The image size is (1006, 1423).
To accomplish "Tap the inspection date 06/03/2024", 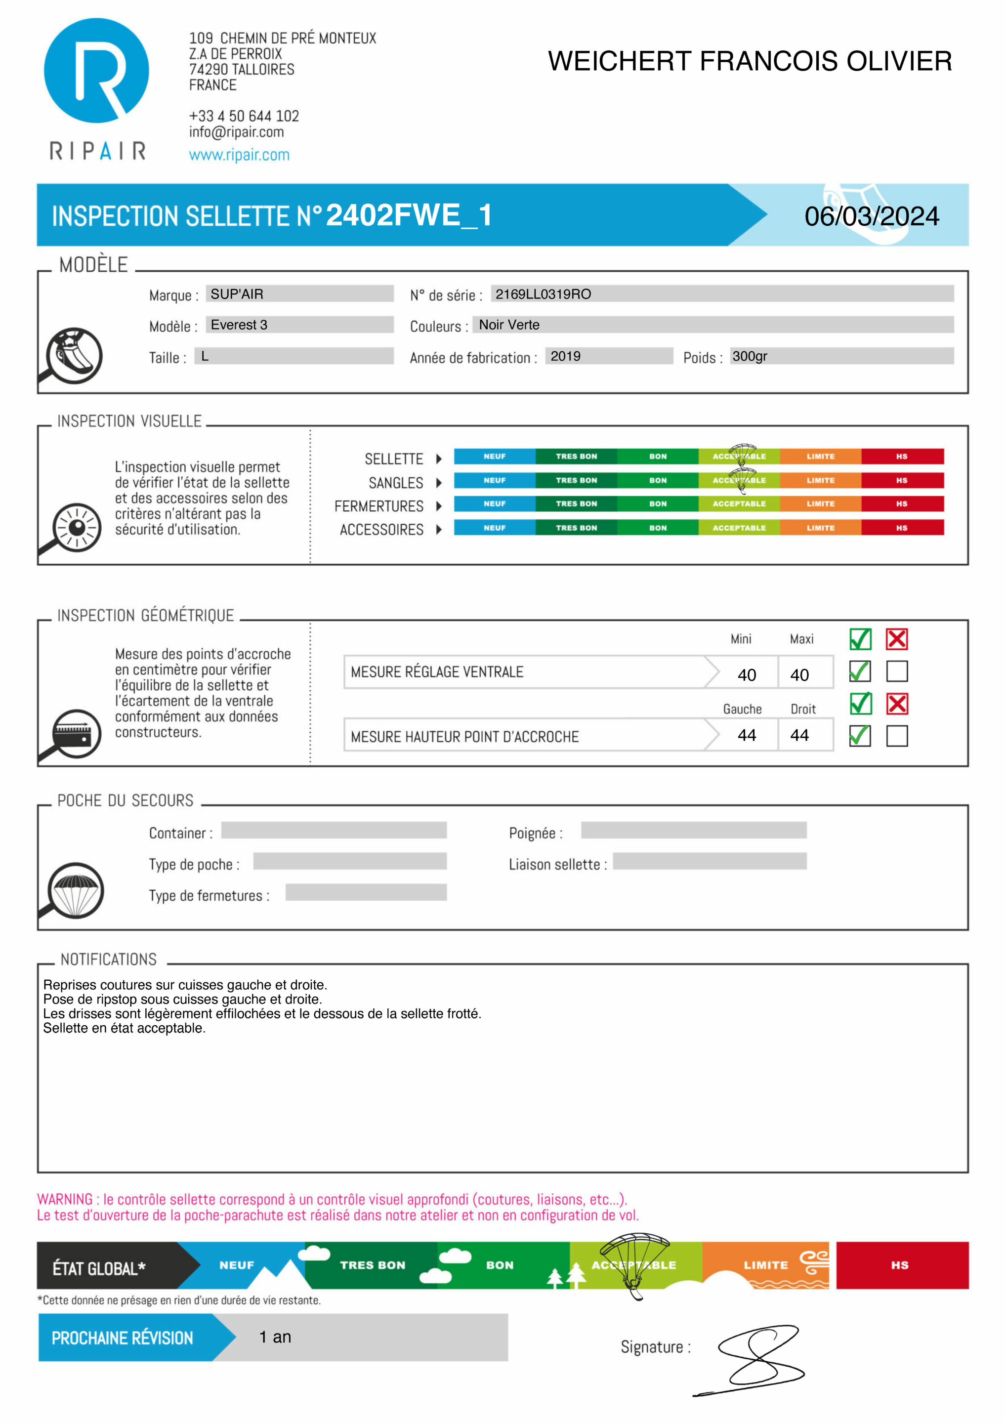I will point(871,216).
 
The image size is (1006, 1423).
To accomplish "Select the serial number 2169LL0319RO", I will point(543,294).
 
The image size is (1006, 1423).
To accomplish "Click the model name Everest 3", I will point(239,325).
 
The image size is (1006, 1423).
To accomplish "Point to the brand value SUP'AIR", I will point(237,294).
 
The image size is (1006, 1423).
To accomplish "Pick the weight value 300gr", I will point(750,356).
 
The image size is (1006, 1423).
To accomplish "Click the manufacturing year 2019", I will point(565,356).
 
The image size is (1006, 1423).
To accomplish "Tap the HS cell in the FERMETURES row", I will point(901,504).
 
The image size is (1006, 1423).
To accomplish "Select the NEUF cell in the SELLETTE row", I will point(495,456).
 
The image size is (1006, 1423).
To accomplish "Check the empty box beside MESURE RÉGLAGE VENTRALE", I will point(897,671).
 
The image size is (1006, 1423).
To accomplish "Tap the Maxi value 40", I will point(799,675).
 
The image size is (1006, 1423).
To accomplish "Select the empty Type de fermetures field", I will point(366,892).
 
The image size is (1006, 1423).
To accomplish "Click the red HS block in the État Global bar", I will point(901,1265).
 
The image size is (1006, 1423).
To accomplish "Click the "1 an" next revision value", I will point(275,1337).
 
